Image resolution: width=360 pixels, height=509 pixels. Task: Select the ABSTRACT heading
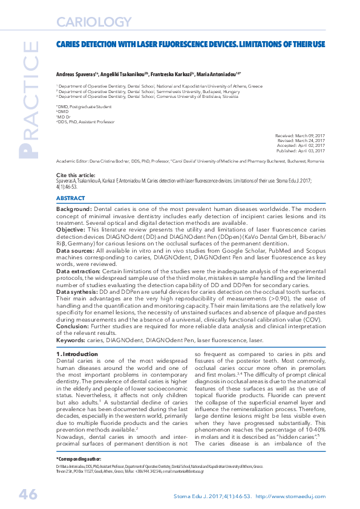click(70, 198)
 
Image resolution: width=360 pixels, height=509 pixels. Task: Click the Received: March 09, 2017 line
click(300, 137)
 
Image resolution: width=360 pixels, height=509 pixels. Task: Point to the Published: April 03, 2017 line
click(301, 151)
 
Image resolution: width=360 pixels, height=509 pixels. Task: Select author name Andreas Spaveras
click(76, 73)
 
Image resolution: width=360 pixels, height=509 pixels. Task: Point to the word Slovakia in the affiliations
click(228, 96)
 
